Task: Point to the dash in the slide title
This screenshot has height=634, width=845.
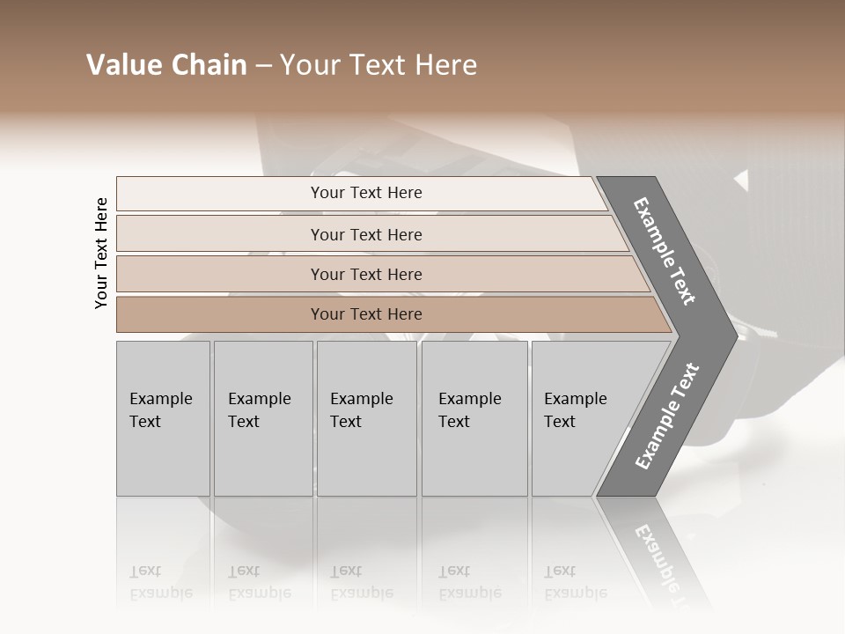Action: point(263,66)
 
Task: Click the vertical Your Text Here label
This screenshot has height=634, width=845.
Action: point(101,253)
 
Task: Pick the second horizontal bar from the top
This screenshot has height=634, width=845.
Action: point(366,234)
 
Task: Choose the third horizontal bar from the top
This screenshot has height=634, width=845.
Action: point(366,274)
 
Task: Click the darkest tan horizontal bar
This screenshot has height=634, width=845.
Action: point(366,314)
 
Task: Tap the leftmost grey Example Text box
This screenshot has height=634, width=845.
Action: point(163,418)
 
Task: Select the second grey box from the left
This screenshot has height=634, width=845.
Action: point(263,418)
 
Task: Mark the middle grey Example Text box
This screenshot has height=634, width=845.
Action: point(366,418)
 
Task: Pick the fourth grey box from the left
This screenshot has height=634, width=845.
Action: point(474,418)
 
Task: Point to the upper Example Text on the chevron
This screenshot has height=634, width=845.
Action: point(665,251)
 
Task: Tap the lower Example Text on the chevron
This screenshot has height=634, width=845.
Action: point(667,417)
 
